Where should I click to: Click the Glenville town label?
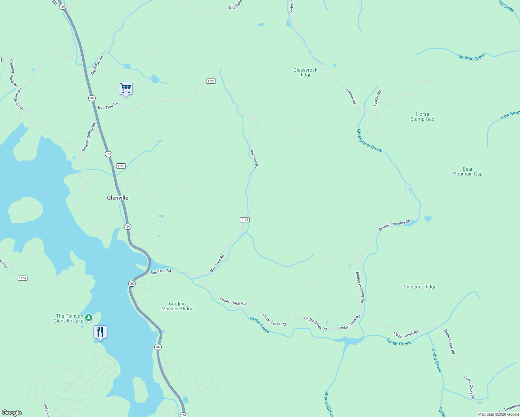(117, 198)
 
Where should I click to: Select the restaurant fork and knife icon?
(100, 332)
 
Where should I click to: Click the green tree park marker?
(89, 317)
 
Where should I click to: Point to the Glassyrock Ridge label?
(305, 72)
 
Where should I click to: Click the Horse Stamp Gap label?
(422, 116)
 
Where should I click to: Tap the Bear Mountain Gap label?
(467, 171)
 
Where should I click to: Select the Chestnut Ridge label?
(420, 287)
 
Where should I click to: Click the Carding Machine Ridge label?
(177, 306)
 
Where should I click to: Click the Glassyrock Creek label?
(369, 141)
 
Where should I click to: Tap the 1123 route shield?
(121, 166)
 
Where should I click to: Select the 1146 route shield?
(23, 278)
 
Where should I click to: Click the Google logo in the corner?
(12, 413)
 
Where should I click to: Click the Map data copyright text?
(498, 414)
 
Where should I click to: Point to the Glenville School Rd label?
(88, 138)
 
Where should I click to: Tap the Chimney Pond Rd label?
(14, 73)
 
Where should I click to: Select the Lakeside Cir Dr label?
(19, 99)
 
